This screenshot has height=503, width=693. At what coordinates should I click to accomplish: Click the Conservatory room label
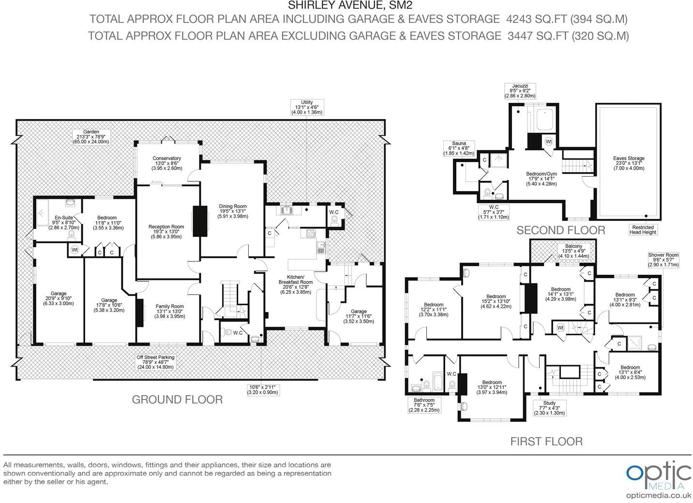(166, 163)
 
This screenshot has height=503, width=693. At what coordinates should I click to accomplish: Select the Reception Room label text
(166, 232)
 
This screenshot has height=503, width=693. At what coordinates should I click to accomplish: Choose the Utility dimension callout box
(307, 107)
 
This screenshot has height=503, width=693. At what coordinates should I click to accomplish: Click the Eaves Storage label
(629, 163)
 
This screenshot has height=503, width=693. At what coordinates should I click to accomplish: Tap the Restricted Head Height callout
(643, 230)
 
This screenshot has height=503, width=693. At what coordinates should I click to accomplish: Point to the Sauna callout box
(459, 148)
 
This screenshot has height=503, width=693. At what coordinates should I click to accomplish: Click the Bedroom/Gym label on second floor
(542, 178)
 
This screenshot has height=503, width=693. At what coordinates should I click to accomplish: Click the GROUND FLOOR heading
(177, 399)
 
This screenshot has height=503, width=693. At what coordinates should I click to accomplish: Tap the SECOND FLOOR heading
(560, 230)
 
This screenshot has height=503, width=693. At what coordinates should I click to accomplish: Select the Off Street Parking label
(155, 362)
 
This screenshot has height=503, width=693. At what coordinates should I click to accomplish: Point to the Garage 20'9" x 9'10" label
(59, 298)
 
